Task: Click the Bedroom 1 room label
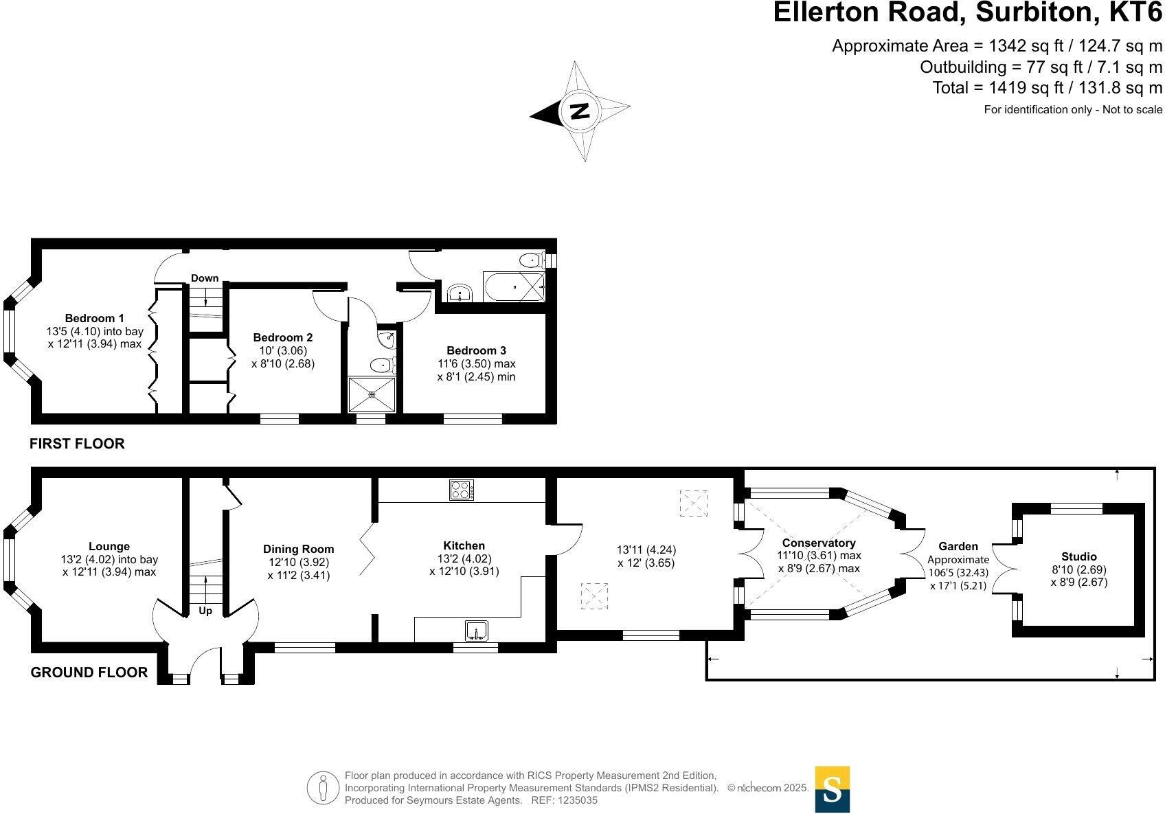pos(94,318)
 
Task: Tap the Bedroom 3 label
pos(476,350)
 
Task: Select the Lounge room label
pos(109,547)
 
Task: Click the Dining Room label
pos(298,549)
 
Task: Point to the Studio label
pos(1078,556)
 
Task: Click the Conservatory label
pos(819,543)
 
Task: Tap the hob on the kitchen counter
pos(462,490)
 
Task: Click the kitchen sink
pos(476,630)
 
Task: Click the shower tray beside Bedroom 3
pos(372,394)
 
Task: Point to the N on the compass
pos(580,110)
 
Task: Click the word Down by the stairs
pos(205,278)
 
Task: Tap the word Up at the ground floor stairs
pos(205,611)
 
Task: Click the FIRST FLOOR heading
pos(77,444)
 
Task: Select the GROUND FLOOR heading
pos(89,672)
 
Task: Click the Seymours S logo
pos(832,789)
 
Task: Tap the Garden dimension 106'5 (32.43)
pos(958,572)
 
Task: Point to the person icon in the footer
pos(323,788)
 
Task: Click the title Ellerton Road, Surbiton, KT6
pos(968,13)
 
